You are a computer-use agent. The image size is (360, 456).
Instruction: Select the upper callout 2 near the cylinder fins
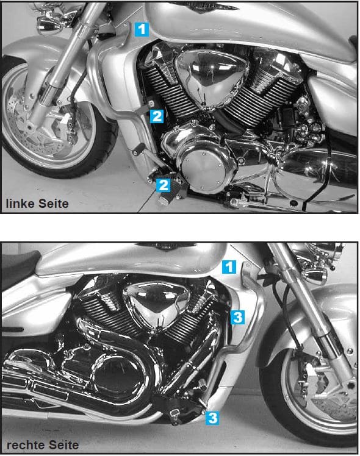[157, 116]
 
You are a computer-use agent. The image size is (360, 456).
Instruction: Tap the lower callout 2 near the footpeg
[163, 185]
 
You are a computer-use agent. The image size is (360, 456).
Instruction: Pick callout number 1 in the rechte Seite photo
[228, 266]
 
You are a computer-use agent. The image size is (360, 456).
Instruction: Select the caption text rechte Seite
[40, 444]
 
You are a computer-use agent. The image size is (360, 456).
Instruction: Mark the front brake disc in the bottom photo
[317, 390]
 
